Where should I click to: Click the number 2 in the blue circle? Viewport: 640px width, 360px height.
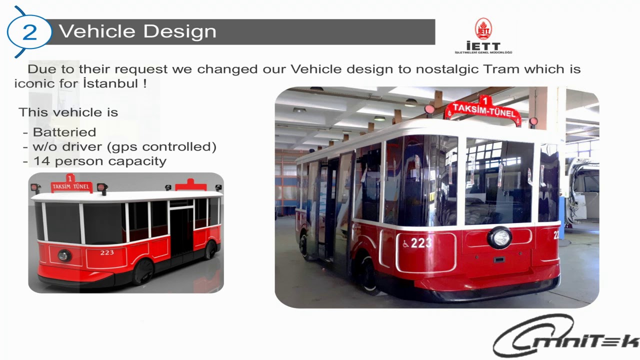point(29,32)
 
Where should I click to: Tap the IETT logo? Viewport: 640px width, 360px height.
point(483,36)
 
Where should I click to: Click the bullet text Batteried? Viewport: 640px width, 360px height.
point(64,132)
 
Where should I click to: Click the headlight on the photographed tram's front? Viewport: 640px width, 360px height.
point(499,237)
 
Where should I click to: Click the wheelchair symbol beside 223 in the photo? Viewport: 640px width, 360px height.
point(405,244)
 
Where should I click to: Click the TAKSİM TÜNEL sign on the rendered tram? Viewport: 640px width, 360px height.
point(70,187)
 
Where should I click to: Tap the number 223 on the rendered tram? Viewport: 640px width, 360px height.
point(107,252)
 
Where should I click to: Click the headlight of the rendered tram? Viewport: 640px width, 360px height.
point(64,255)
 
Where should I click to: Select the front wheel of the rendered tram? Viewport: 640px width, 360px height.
point(144,272)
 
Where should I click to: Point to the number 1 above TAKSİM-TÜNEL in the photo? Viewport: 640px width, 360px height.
point(483,100)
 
